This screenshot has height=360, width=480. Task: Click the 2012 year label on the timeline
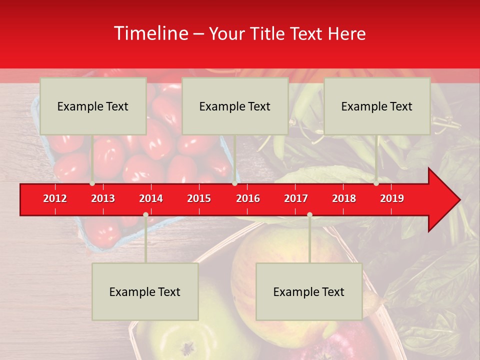[x=55, y=198]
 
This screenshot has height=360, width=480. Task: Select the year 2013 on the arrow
[x=103, y=198]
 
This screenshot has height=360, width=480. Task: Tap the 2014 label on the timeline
[x=151, y=198]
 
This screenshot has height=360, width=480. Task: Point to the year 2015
[x=199, y=198]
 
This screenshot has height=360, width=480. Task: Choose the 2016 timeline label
[x=248, y=198]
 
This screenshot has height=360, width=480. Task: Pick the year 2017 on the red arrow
[x=296, y=198]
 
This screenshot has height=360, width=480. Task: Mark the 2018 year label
[x=344, y=198]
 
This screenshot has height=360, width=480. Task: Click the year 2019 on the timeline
[x=392, y=198]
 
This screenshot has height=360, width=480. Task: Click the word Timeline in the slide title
[x=150, y=33]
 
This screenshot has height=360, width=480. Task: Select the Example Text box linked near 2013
[x=93, y=106]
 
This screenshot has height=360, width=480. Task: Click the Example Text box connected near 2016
[x=235, y=106]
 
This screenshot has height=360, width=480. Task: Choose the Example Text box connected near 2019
[x=377, y=106]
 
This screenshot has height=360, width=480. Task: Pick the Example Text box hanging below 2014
[x=145, y=291]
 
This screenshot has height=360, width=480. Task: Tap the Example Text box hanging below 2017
[x=309, y=291]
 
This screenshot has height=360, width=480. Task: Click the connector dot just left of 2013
[x=92, y=183]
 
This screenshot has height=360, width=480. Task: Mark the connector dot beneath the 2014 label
[x=145, y=214]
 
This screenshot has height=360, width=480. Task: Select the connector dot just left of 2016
[x=234, y=183]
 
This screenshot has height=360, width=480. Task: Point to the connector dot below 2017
[x=309, y=214]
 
